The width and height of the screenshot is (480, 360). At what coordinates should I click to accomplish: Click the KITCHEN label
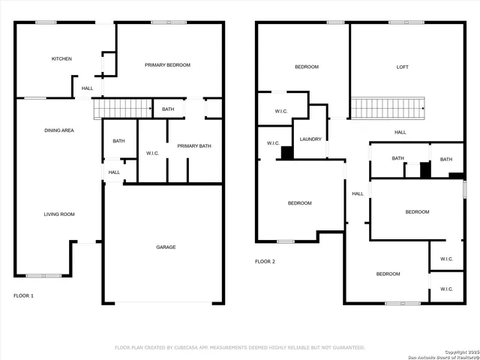[x=61, y=58]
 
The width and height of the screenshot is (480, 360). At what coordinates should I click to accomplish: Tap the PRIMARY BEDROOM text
[x=167, y=65]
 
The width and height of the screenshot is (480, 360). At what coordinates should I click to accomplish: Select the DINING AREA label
[x=58, y=130]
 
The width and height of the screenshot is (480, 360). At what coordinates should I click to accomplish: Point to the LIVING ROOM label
[x=58, y=214]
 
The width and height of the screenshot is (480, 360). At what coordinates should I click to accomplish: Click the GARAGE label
[x=166, y=247]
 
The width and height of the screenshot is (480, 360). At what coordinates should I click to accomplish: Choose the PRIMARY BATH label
[x=193, y=146]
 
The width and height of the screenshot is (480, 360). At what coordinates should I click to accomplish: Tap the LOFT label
[x=403, y=67]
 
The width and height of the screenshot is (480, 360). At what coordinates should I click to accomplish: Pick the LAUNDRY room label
[x=310, y=139]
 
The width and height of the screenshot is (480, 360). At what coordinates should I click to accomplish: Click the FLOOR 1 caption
[x=23, y=295]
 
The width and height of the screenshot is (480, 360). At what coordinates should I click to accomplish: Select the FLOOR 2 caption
[x=265, y=261]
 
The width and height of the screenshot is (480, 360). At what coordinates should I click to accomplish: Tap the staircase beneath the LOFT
[x=388, y=108]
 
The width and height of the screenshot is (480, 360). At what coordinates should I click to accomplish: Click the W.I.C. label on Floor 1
[x=152, y=154]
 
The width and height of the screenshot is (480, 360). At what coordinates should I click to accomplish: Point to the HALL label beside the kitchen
[x=88, y=88]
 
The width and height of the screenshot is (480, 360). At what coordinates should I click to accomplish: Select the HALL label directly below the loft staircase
[x=400, y=132]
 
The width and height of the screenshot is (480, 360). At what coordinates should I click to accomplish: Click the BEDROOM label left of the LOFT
[x=306, y=67]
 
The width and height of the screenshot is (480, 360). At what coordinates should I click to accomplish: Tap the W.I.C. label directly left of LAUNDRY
[x=273, y=142]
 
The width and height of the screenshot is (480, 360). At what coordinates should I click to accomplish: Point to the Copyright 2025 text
[x=460, y=351]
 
